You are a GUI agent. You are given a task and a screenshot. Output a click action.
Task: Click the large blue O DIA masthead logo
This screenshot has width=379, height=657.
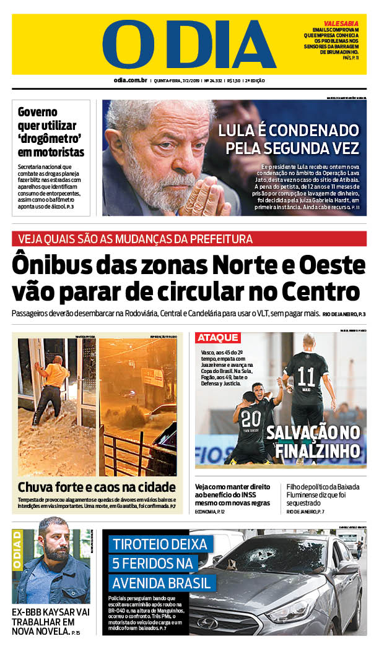[x=189, y=44]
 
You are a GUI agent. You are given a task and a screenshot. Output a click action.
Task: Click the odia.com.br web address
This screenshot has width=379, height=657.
[x=129, y=80]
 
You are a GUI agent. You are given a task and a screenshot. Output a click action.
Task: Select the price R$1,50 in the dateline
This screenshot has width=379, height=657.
[x=233, y=80]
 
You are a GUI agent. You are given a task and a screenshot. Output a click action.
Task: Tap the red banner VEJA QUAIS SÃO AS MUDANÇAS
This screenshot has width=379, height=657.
[x=135, y=239]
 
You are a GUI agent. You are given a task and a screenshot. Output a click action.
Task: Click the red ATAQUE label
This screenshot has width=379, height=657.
[x=218, y=337]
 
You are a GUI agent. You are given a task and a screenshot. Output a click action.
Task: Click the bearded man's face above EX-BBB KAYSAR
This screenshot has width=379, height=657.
[x=53, y=544]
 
